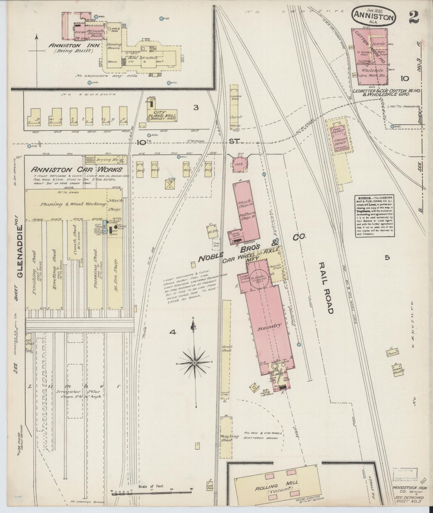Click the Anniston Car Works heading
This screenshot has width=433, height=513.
click(77, 169)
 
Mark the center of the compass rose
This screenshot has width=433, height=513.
click(194, 363)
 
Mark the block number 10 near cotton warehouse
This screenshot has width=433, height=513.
click(404, 78)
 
